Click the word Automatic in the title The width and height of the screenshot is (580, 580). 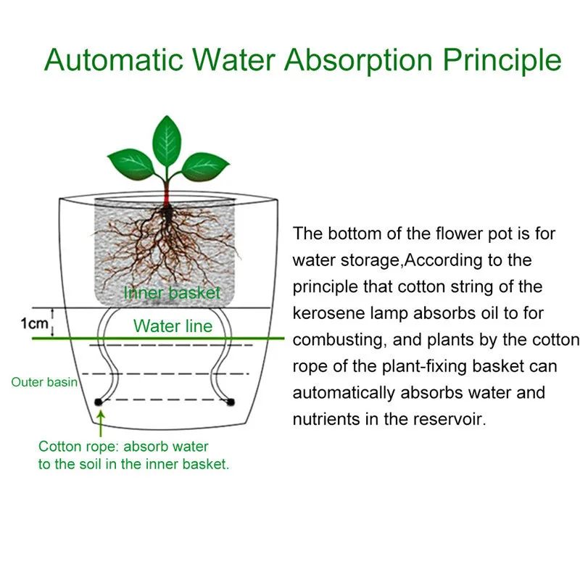point(114,59)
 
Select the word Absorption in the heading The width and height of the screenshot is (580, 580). point(358,61)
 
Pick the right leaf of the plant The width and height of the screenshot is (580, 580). point(205,167)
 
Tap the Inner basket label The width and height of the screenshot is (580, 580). point(172,293)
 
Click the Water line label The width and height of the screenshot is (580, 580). point(173,326)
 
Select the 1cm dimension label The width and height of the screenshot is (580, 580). point(34,323)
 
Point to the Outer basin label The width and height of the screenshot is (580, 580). point(44,382)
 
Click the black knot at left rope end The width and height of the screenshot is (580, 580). point(98,402)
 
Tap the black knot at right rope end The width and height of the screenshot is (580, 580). point(231,402)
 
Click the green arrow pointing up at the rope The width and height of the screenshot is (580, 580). point(101,424)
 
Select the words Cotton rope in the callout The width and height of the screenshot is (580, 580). point(78,447)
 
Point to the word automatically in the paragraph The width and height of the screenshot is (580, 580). point(344,394)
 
